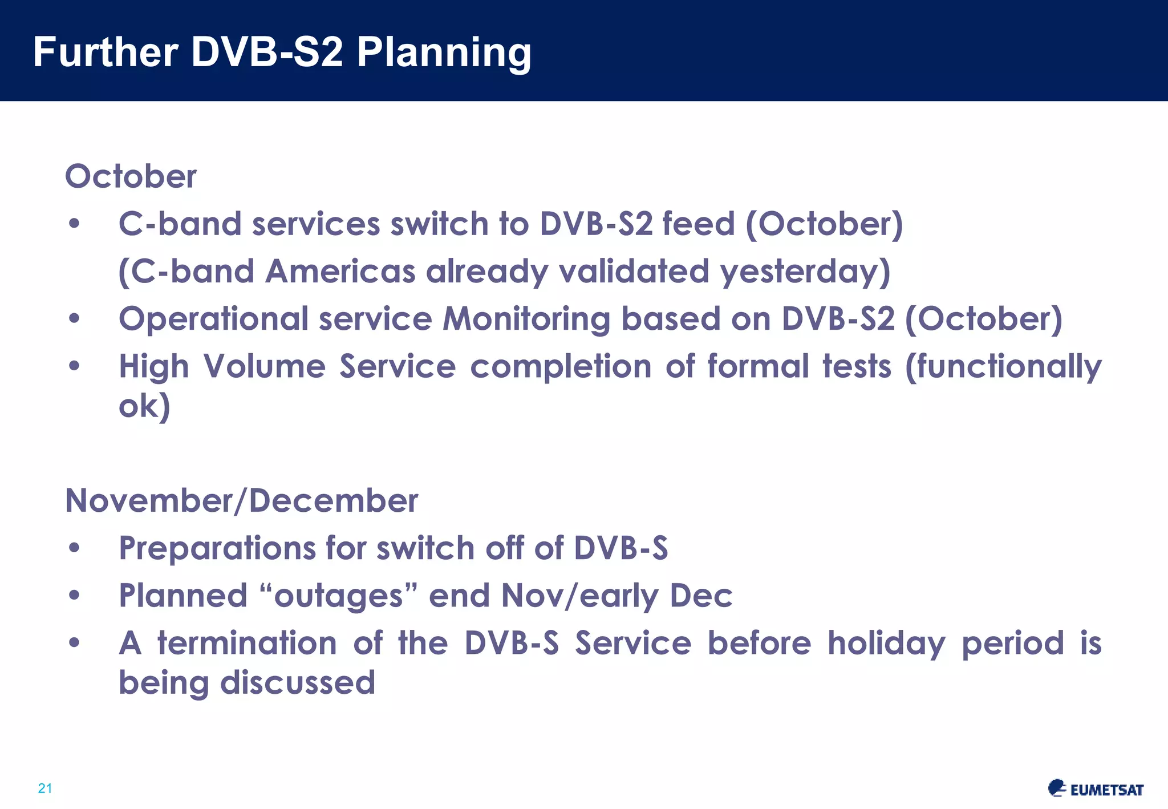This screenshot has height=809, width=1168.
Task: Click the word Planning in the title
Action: click(x=444, y=52)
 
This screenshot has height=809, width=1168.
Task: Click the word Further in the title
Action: click(x=106, y=52)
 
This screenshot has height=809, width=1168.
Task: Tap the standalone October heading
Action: click(x=131, y=176)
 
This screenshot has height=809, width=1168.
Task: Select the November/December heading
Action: click(x=241, y=501)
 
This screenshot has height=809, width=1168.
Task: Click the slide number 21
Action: click(x=45, y=788)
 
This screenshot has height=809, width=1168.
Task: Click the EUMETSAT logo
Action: click(x=1095, y=789)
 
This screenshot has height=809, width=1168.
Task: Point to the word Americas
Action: click(x=340, y=271)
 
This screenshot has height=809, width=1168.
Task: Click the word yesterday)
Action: click(x=805, y=272)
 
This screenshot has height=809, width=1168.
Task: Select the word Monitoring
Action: click(x=526, y=319)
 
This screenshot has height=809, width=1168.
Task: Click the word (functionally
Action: click(x=1003, y=366)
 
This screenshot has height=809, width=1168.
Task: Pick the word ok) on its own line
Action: click(x=144, y=406)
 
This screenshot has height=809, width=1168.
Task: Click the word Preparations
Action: click(x=216, y=549)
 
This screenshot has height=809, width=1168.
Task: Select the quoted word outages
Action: click(x=339, y=596)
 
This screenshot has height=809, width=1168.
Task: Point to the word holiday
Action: click(x=886, y=644)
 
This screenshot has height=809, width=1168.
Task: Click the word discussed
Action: click(x=298, y=683)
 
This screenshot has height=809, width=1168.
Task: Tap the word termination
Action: click(x=247, y=644)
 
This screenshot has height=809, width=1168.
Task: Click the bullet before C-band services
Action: click(x=74, y=224)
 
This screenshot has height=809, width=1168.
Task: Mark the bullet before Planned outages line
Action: click(x=74, y=596)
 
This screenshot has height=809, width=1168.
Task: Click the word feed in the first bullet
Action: click(x=698, y=224)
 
